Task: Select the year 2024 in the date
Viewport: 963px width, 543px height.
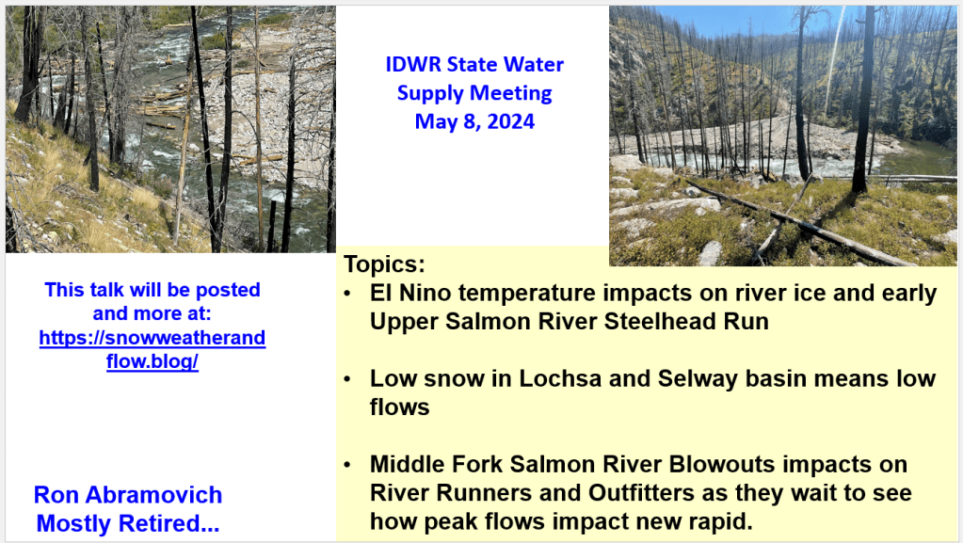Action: tap(510, 121)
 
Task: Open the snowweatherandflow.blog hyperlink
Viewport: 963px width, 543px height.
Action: tap(152, 349)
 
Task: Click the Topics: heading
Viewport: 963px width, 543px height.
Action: tap(384, 264)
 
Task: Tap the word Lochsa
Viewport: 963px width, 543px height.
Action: tap(560, 378)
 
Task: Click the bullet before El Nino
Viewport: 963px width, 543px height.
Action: tap(347, 294)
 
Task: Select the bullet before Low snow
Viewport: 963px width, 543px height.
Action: tap(347, 379)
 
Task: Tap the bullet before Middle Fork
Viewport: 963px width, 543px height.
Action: tap(347, 465)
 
